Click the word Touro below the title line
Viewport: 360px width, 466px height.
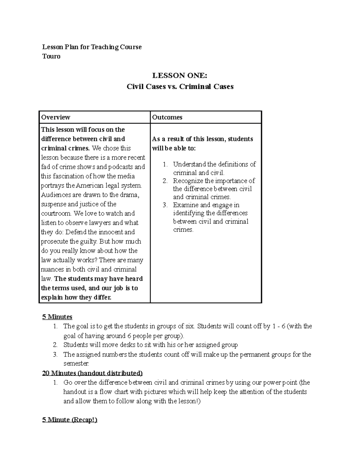click(x=51, y=56)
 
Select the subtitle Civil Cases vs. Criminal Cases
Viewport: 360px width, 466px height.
click(x=180, y=87)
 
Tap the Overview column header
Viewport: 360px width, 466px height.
click(x=55, y=117)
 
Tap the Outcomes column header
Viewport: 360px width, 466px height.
click(x=167, y=117)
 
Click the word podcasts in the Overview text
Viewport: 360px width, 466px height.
click(x=120, y=167)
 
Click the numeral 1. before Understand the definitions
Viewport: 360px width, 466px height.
click(x=165, y=164)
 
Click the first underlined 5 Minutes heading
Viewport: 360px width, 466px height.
click(x=57, y=317)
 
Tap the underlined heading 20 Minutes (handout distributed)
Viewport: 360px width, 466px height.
click(x=92, y=373)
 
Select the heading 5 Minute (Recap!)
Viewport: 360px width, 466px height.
click(x=70, y=420)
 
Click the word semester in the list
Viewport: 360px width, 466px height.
click(x=76, y=363)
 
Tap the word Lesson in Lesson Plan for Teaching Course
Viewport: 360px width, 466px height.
click(x=52, y=47)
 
